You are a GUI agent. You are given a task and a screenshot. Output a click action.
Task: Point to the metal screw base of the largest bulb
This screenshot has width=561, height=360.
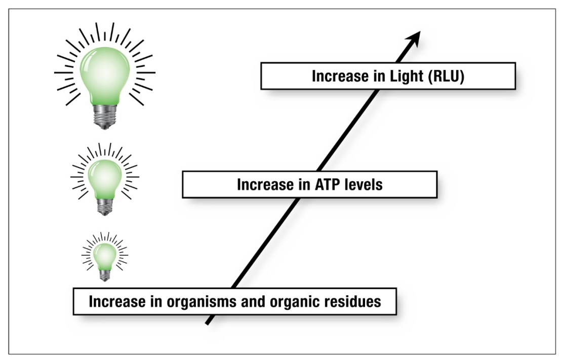(x=104, y=117)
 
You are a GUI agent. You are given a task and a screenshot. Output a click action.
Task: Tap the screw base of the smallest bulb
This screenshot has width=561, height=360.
(x=105, y=274)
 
